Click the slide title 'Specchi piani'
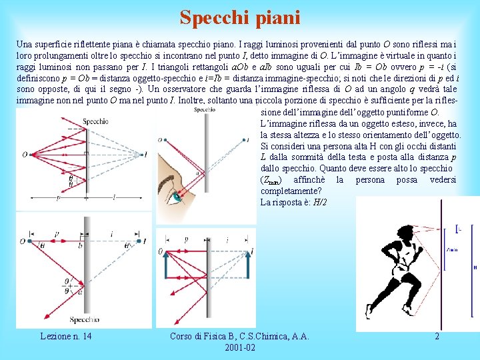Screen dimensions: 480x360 click(x=240, y=17)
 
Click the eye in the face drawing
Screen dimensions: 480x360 click(x=177, y=196)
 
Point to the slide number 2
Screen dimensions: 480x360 click(x=437, y=337)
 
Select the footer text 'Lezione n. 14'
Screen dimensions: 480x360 click(x=67, y=337)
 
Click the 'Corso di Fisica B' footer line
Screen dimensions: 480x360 click(x=240, y=337)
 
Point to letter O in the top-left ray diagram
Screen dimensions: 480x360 click(x=24, y=155)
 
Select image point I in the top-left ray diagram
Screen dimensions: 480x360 click(x=145, y=155)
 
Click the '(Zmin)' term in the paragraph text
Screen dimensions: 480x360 click(x=271, y=180)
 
